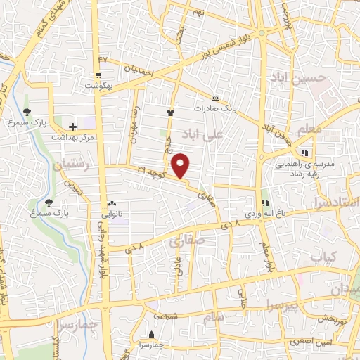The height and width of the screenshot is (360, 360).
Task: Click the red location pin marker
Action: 181,165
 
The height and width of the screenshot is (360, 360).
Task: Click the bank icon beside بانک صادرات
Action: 216,97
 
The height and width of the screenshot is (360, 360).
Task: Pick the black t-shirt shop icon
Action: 169,112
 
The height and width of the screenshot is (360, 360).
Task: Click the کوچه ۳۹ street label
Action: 150,170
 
